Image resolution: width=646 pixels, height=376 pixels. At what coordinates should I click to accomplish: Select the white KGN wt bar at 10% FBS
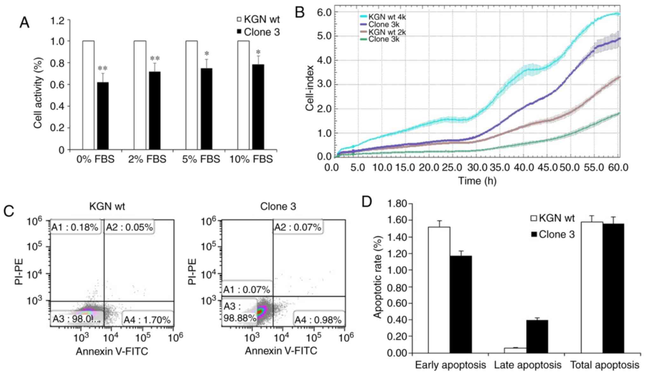tap(244, 95)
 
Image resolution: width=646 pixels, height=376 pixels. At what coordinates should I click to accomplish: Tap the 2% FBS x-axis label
tap(147, 159)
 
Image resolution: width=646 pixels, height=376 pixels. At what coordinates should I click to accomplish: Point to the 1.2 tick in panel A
tap(58, 21)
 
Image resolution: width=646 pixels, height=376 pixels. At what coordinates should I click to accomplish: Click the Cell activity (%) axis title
tap(38, 93)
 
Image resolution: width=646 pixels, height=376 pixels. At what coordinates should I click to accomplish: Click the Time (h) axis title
tap(477, 181)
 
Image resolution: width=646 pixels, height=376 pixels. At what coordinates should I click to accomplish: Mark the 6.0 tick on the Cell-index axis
tap(324, 12)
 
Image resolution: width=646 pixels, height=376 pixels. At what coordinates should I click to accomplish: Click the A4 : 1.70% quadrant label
tap(147, 320)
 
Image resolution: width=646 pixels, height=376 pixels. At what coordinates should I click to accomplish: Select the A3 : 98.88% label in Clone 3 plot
tap(239, 312)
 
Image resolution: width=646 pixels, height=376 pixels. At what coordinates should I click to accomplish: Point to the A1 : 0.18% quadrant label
tap(75, 227)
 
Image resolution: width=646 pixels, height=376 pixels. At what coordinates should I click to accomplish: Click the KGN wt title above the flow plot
tap(107, 206)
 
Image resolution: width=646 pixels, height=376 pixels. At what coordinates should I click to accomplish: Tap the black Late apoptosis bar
tap(537, 336)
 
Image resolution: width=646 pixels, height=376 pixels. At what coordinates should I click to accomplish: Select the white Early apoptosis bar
tap(439, 290)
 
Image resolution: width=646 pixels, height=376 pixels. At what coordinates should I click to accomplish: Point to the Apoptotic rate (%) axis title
tap(377, 277)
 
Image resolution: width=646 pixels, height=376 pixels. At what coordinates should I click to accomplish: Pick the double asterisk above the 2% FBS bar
tap(155, 58)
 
